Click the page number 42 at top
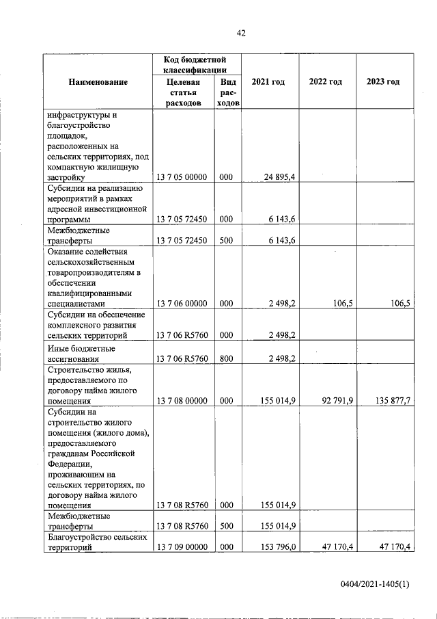coord(240,33)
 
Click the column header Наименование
coord(98,82)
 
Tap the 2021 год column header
coord(268,82)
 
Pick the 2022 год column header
coord(326,82)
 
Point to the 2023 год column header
coord(383,82)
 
